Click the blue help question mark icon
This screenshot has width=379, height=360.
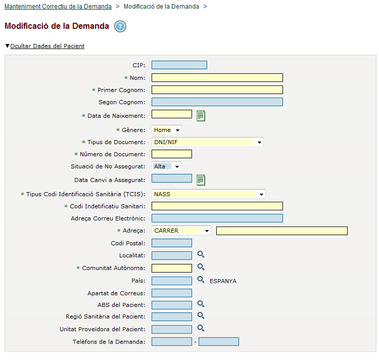[x=120, y=27]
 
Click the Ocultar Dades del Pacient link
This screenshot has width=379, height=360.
[x=47, y=46]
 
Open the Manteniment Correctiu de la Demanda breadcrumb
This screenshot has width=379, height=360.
[x=58, y=7]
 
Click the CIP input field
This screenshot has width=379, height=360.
[x=179, y=65]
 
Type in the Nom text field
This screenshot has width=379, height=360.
[x=217, y=78]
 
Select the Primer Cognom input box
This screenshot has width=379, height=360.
[x=217, y=90]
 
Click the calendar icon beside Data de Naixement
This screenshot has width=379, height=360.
[x=201, y=115]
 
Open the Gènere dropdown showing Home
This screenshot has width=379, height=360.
[x=166, y=130]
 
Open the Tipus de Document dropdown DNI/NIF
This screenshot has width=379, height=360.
[x=207, y=142]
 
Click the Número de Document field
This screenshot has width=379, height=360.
[x=171, y=154]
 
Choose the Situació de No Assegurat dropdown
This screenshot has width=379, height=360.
[x=166, y=166]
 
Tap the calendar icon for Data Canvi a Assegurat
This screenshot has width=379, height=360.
[x=201, y=179]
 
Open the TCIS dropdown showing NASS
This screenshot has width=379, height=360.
[x=208, y=194]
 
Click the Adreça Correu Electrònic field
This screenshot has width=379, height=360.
[x=217, y=218]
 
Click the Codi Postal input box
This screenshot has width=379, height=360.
[x=171, y=243]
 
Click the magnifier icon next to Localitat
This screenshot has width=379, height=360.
[x=201, y=254]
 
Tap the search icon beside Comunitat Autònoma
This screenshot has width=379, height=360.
[x=201, y=267]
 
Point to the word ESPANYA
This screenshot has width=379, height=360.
[x=223, y=281]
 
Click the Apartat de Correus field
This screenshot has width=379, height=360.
[x=171, y=293]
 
